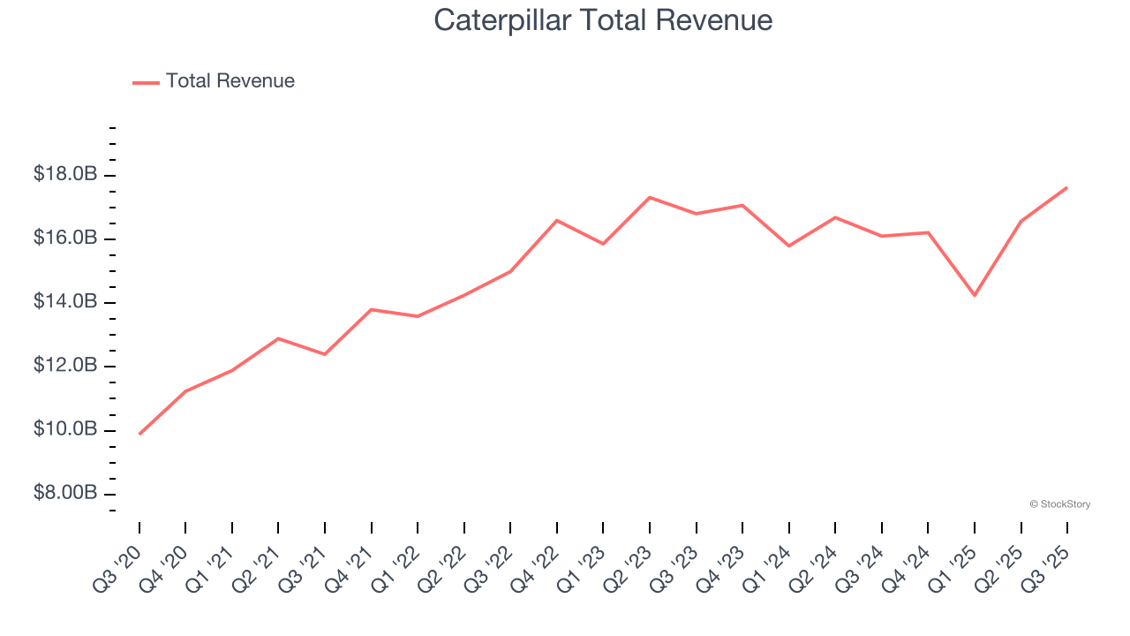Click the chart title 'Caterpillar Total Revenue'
click(x=603, y=20)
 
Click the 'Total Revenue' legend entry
click(x=230, y=81)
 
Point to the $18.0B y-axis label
click(x=65, y=175)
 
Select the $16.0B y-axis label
click(x=65, y=238)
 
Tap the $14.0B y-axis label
click(x=65, y=302)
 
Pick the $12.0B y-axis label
click(x=65, y=366)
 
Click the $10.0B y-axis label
click(x=65, y=429)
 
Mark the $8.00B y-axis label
click(x=65, y=493)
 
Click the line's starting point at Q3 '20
click(x=139, y=434)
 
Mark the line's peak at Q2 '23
click(x=650, y=197)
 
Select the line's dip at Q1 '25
click(x=975, y=295)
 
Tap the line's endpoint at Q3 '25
click(x=1067, y=187)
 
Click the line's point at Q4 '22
click(x=557, y=220)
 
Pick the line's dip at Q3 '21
click(x=325, y=354)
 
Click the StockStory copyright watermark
click(x=1060, y=504)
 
